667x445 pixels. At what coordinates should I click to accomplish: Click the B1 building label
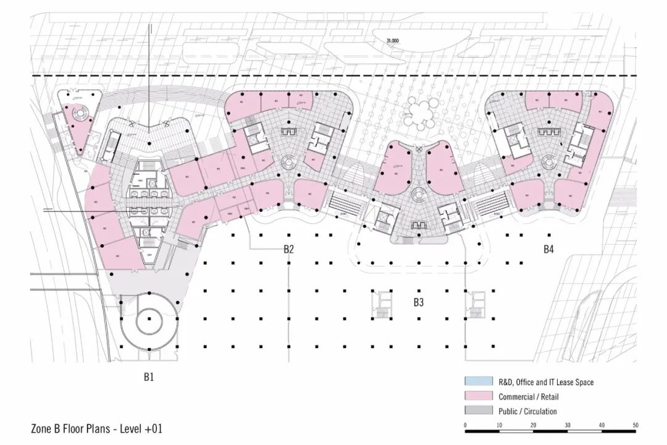148,376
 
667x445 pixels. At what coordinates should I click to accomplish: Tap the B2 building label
288,250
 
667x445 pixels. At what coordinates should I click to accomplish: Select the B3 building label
419,303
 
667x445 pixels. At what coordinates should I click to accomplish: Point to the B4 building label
548,250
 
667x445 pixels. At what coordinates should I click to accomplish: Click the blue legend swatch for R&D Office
477,382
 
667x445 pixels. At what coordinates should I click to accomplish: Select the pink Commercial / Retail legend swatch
477,396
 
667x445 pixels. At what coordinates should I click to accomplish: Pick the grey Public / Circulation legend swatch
477,411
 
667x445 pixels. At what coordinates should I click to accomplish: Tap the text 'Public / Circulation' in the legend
527,411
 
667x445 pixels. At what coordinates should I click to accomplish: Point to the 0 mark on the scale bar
465,426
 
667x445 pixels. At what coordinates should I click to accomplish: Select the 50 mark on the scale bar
635,426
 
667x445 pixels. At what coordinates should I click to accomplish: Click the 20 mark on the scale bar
533,426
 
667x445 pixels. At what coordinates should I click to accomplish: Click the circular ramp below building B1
149,321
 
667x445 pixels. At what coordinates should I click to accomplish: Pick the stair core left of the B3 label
380,301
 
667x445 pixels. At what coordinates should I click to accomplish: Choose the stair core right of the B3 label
477,301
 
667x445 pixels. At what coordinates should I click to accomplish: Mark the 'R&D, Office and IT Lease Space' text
546,383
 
